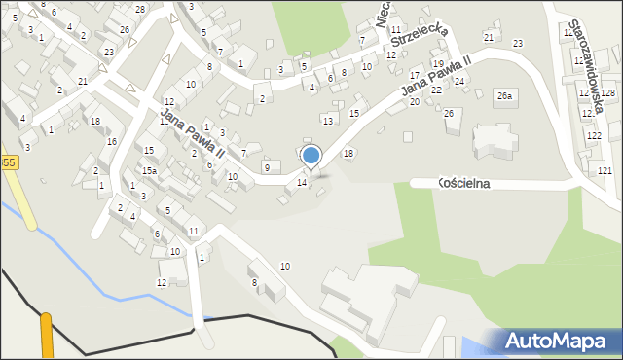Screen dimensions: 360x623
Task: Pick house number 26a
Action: [503, 95]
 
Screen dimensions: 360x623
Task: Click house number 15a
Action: [149, 170]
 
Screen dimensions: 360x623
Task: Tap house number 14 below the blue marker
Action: [302, 183]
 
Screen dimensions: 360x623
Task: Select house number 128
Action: [607, 92]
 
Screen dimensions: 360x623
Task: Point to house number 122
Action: [593, 136]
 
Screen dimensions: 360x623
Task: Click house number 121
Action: [605, 170]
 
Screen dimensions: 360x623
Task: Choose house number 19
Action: [437, 63]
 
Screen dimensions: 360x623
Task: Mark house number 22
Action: [436, 90]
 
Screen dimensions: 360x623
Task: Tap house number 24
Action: [459, 81]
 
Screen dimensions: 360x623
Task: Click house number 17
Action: [416, 75]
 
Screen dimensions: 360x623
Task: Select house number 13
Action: [328, 120]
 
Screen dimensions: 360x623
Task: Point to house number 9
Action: [267, 168]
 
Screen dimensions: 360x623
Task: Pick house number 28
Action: [140, 9]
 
